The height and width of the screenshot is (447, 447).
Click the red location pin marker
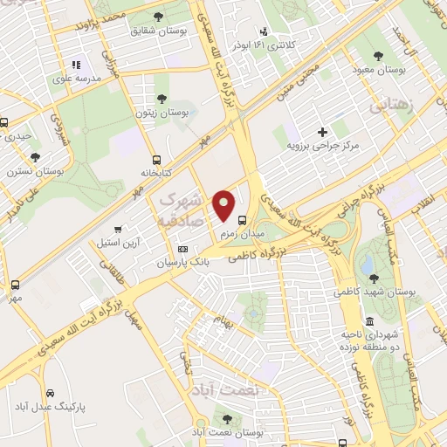point(224,203)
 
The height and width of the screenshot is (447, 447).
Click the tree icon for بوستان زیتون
point(161,98)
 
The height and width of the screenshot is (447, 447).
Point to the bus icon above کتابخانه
point(157,160)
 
